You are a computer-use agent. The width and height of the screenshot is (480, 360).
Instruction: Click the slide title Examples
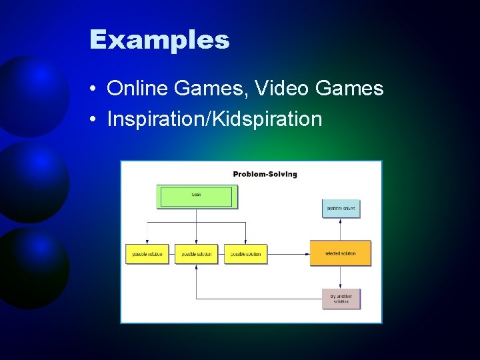159,40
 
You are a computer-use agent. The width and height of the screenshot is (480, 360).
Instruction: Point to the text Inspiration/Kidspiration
214,119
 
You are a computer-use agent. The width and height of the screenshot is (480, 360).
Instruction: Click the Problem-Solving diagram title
265,174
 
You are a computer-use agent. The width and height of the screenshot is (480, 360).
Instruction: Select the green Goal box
197,196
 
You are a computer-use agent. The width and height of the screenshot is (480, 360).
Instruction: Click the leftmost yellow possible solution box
147,254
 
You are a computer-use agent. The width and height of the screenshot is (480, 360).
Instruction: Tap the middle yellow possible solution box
196,254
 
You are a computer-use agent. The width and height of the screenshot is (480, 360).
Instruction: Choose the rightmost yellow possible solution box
245,254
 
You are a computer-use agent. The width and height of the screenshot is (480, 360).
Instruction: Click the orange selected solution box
340,253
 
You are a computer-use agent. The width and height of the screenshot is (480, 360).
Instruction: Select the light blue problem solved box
341,209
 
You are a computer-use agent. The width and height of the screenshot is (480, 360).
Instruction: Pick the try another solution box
341,298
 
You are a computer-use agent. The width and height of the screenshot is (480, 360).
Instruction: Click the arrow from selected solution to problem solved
341,229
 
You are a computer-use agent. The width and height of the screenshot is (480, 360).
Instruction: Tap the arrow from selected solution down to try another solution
341,277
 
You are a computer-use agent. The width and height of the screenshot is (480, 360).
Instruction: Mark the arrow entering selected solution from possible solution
288,254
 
